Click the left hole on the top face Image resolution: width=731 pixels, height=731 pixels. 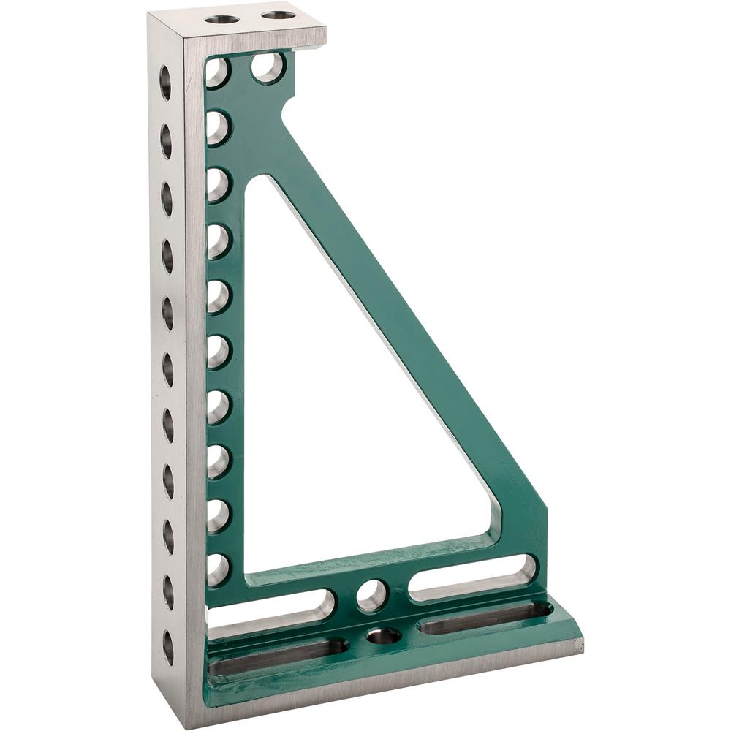(x=222, y=19)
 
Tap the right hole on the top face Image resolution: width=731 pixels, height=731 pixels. (x=279, y=15)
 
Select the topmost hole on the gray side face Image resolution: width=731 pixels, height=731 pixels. (x=165, y=82)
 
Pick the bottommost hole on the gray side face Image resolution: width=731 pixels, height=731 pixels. (x=169, y=647)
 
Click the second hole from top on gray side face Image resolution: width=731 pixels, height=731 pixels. (x=166, y=140)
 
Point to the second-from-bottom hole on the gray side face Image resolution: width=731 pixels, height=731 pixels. (x=169, y=592)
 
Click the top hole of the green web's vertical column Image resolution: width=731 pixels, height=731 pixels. (x=217, y=72)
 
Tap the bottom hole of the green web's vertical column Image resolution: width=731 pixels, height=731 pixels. (x=217, y=569)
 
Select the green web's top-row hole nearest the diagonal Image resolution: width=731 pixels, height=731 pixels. (x=268, y=67)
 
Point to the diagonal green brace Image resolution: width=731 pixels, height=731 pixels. (x=409, y=314)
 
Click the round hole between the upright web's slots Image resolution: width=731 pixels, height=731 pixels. (x=372, y=595)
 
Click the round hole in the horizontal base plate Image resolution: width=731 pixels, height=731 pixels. (x=384, y=636)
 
